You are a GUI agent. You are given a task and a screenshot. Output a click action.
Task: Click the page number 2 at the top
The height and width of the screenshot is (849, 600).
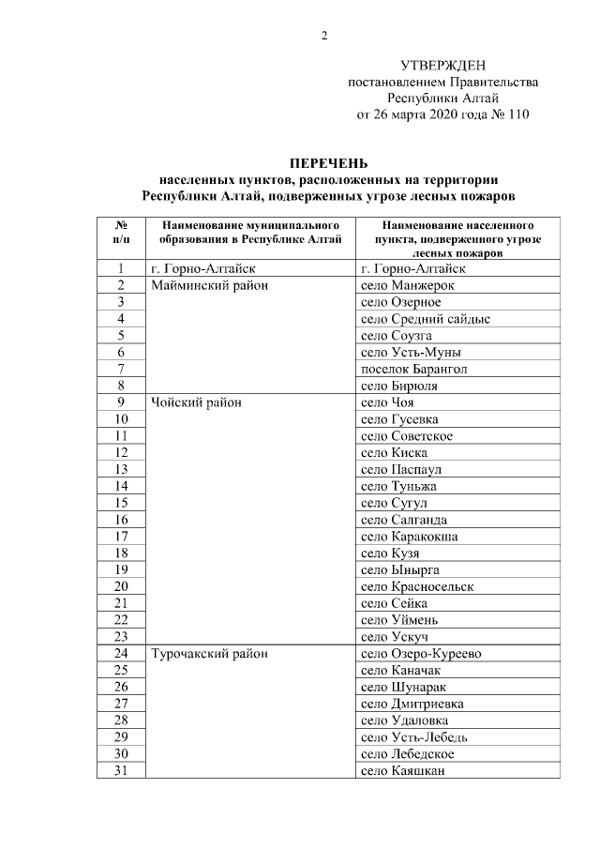coord(324,37)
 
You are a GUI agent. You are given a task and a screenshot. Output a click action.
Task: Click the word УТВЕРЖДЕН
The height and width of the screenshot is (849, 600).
coord(443,65)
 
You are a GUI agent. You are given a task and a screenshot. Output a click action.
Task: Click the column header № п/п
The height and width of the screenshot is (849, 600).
coord(121,233)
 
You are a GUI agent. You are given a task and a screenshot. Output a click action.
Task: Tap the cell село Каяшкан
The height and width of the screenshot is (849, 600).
coord(402,771)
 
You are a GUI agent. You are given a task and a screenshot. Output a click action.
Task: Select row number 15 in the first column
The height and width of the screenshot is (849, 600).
coord(121,503)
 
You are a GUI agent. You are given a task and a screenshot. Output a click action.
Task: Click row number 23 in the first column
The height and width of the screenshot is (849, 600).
coord(121,637)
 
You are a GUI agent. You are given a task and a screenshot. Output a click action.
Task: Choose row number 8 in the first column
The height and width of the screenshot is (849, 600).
coord(121,386)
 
